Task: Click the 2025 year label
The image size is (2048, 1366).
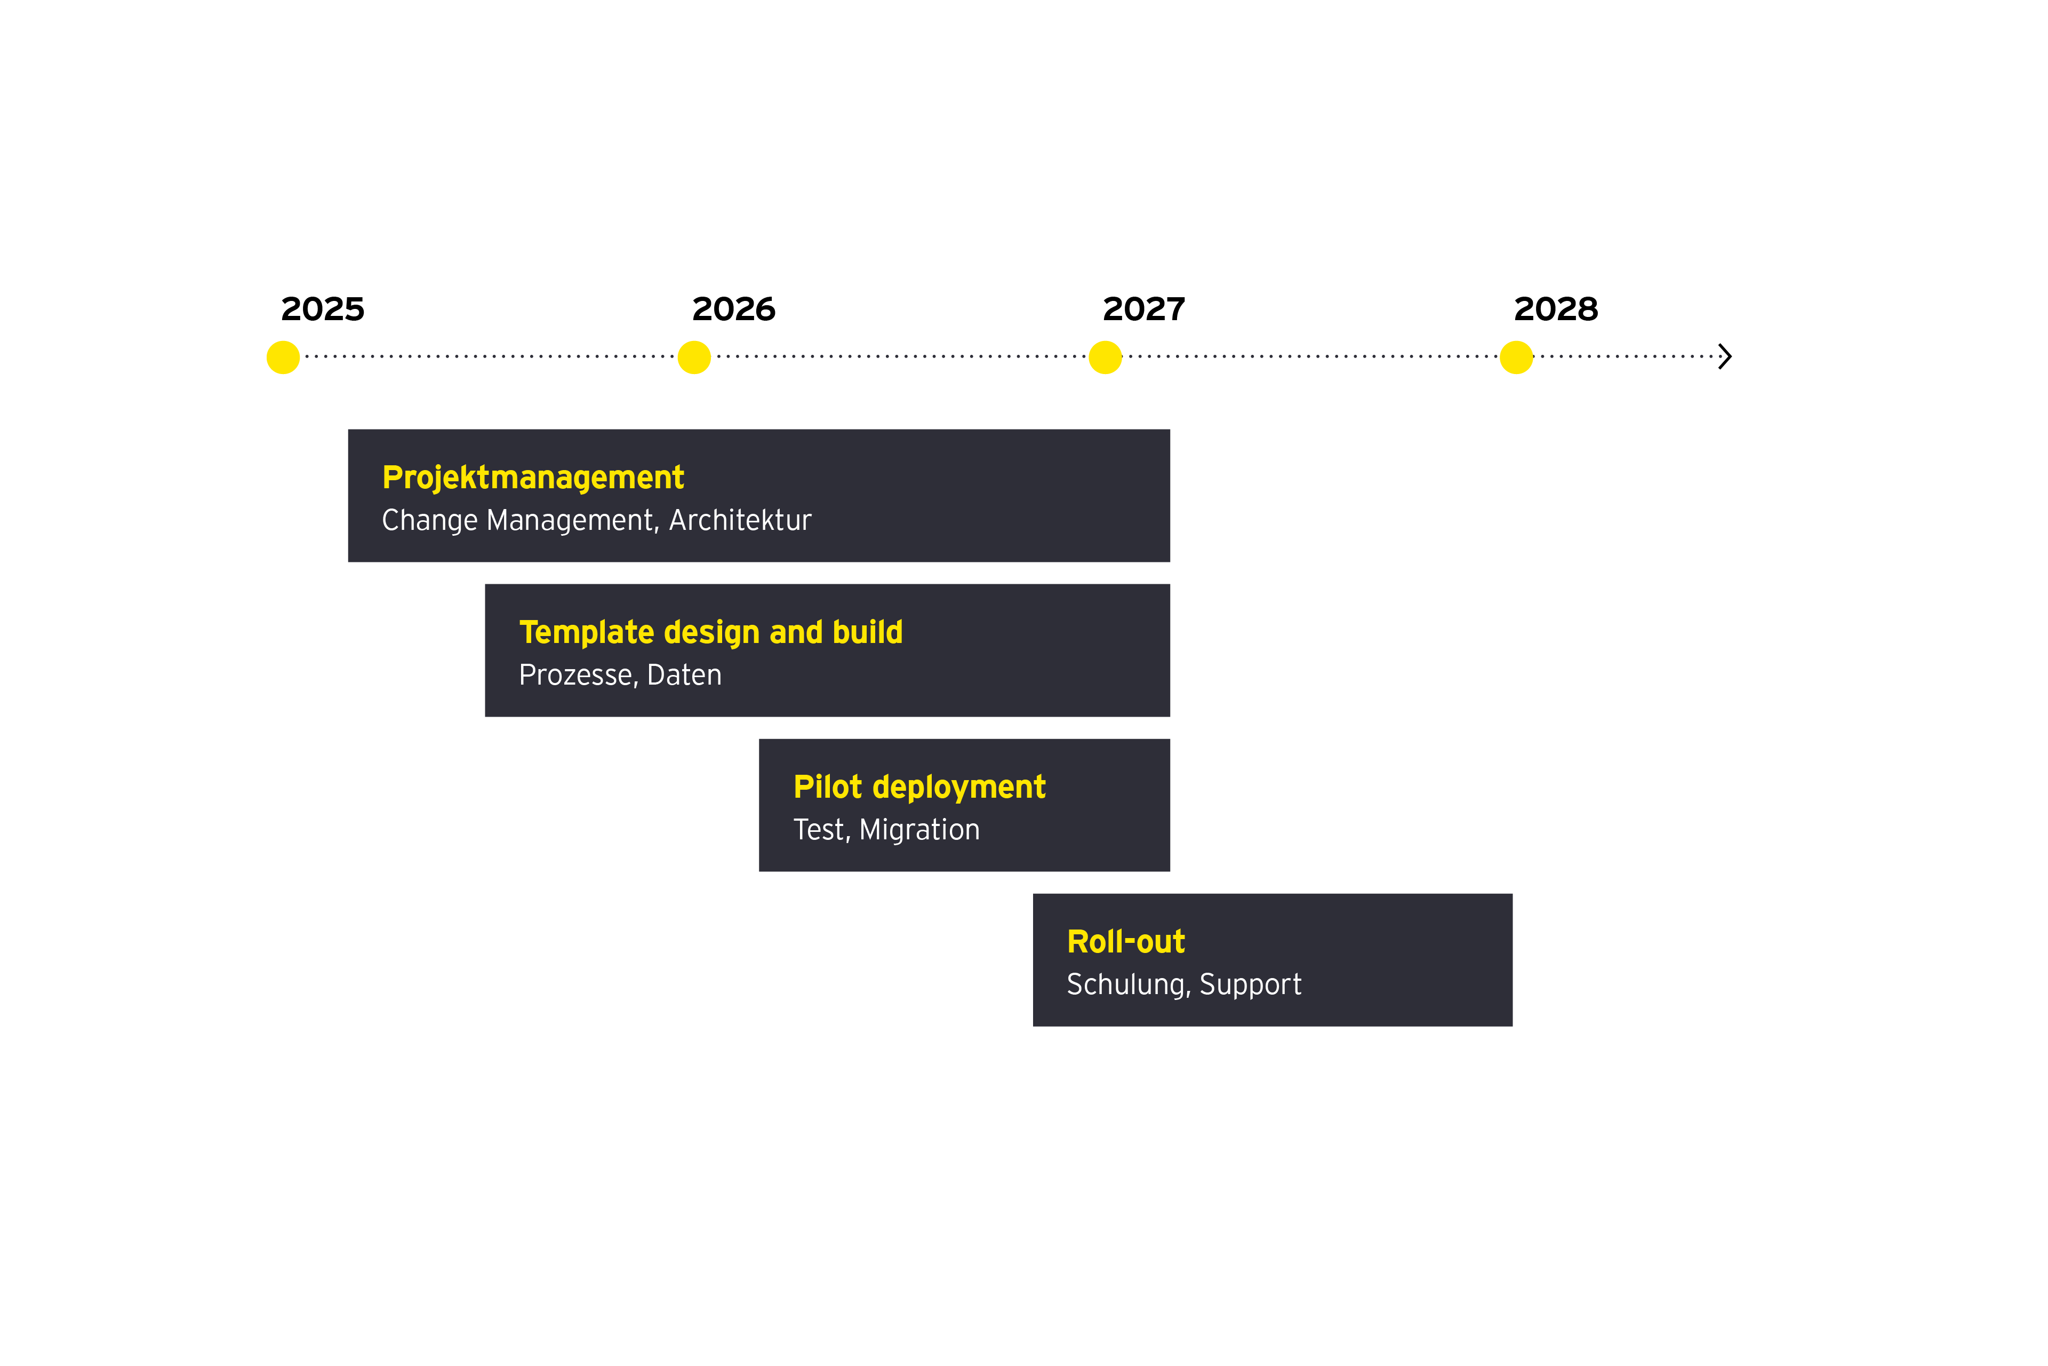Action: click(x=322, y=309)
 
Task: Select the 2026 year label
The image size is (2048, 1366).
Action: click(x=733, y=309)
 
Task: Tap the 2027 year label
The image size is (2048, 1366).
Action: click(x=1143, y=309)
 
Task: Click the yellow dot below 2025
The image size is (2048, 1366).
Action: click(x=283, y=357)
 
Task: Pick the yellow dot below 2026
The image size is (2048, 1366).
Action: click(x=694, y=357)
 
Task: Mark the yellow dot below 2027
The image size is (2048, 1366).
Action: click(x=1105, y=357)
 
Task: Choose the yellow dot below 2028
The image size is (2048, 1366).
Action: click(x=1516, y=357)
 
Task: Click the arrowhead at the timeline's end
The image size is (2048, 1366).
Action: click(x=1724, y=356)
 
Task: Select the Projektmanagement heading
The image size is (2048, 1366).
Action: click(x=533, y=478)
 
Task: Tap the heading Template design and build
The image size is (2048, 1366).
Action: click(x=710, y=632)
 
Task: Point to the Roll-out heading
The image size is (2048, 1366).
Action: click(x=1126, y=942)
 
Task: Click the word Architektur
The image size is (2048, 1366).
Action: click(x=740, y=520)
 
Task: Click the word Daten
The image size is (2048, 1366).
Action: click(x=684, y=675)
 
